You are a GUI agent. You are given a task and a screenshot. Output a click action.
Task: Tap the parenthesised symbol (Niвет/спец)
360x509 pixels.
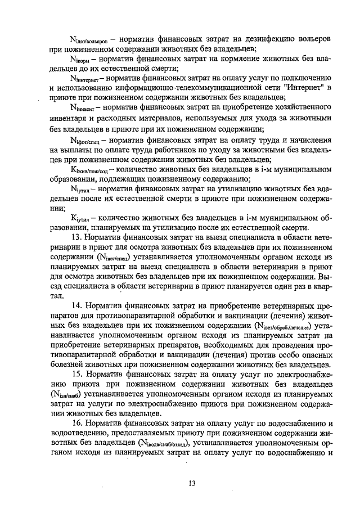pos(116,258)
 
